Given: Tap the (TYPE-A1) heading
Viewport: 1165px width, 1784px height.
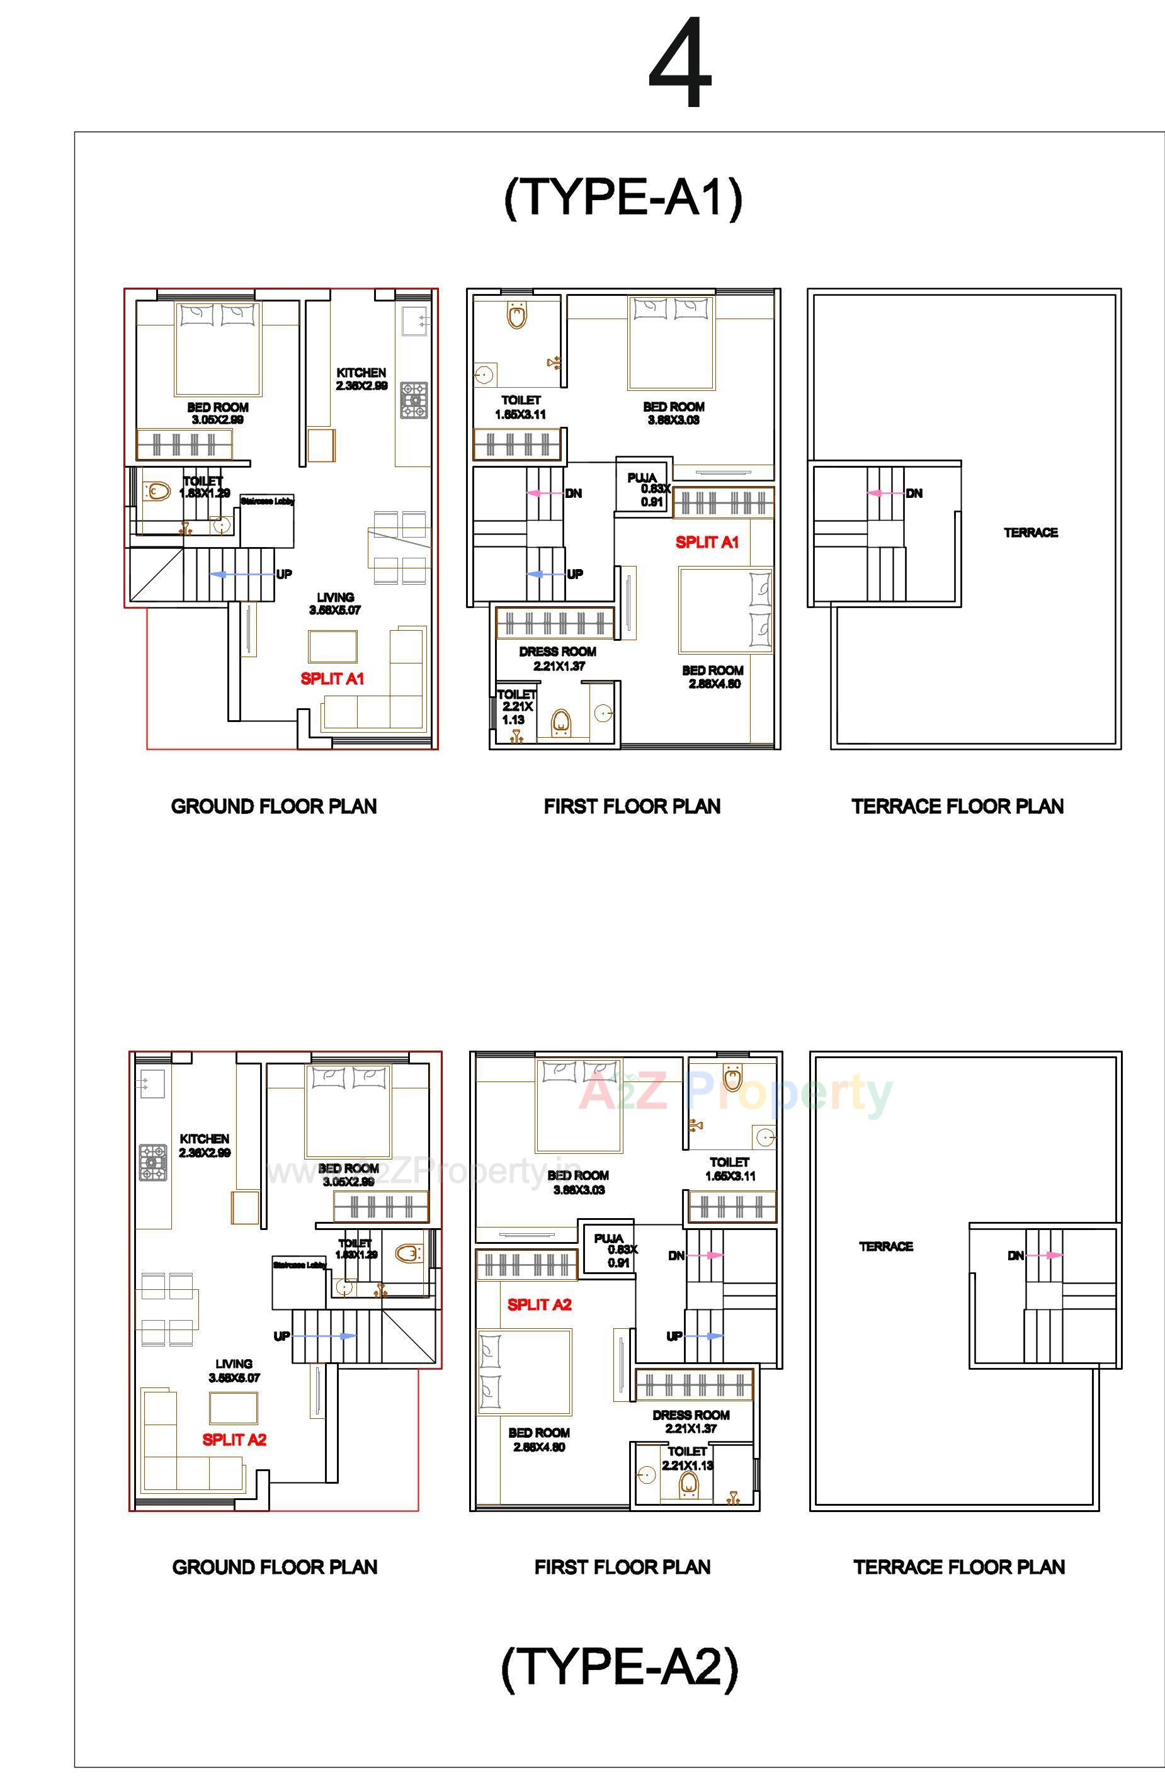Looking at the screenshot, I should pos(623,197).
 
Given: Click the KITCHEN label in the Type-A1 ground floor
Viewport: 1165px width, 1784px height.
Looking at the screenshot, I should pos(361,373).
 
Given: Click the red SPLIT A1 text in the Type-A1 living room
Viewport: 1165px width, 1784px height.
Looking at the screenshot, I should pos(332,679).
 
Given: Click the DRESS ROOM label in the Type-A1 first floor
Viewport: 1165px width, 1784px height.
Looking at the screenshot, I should pos(558,652).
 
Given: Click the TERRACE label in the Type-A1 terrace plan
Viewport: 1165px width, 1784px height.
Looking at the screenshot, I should pos(1031,532).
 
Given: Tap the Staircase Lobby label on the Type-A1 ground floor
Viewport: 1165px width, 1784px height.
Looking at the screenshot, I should pos(268,500).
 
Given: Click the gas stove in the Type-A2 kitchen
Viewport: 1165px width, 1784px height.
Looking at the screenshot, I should pos(153,1163).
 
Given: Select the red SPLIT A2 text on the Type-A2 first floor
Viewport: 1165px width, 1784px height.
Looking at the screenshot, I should pos(539,1304).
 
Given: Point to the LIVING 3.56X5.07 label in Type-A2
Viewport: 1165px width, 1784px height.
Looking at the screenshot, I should pos(234,1370).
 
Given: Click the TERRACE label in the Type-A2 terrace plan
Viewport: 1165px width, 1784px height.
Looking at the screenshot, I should pos(885,1246).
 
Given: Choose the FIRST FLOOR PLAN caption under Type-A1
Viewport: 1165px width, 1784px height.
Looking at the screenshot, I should pos(632,806).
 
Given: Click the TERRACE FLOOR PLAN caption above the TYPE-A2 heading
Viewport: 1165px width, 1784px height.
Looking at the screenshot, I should pos(959,1567).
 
